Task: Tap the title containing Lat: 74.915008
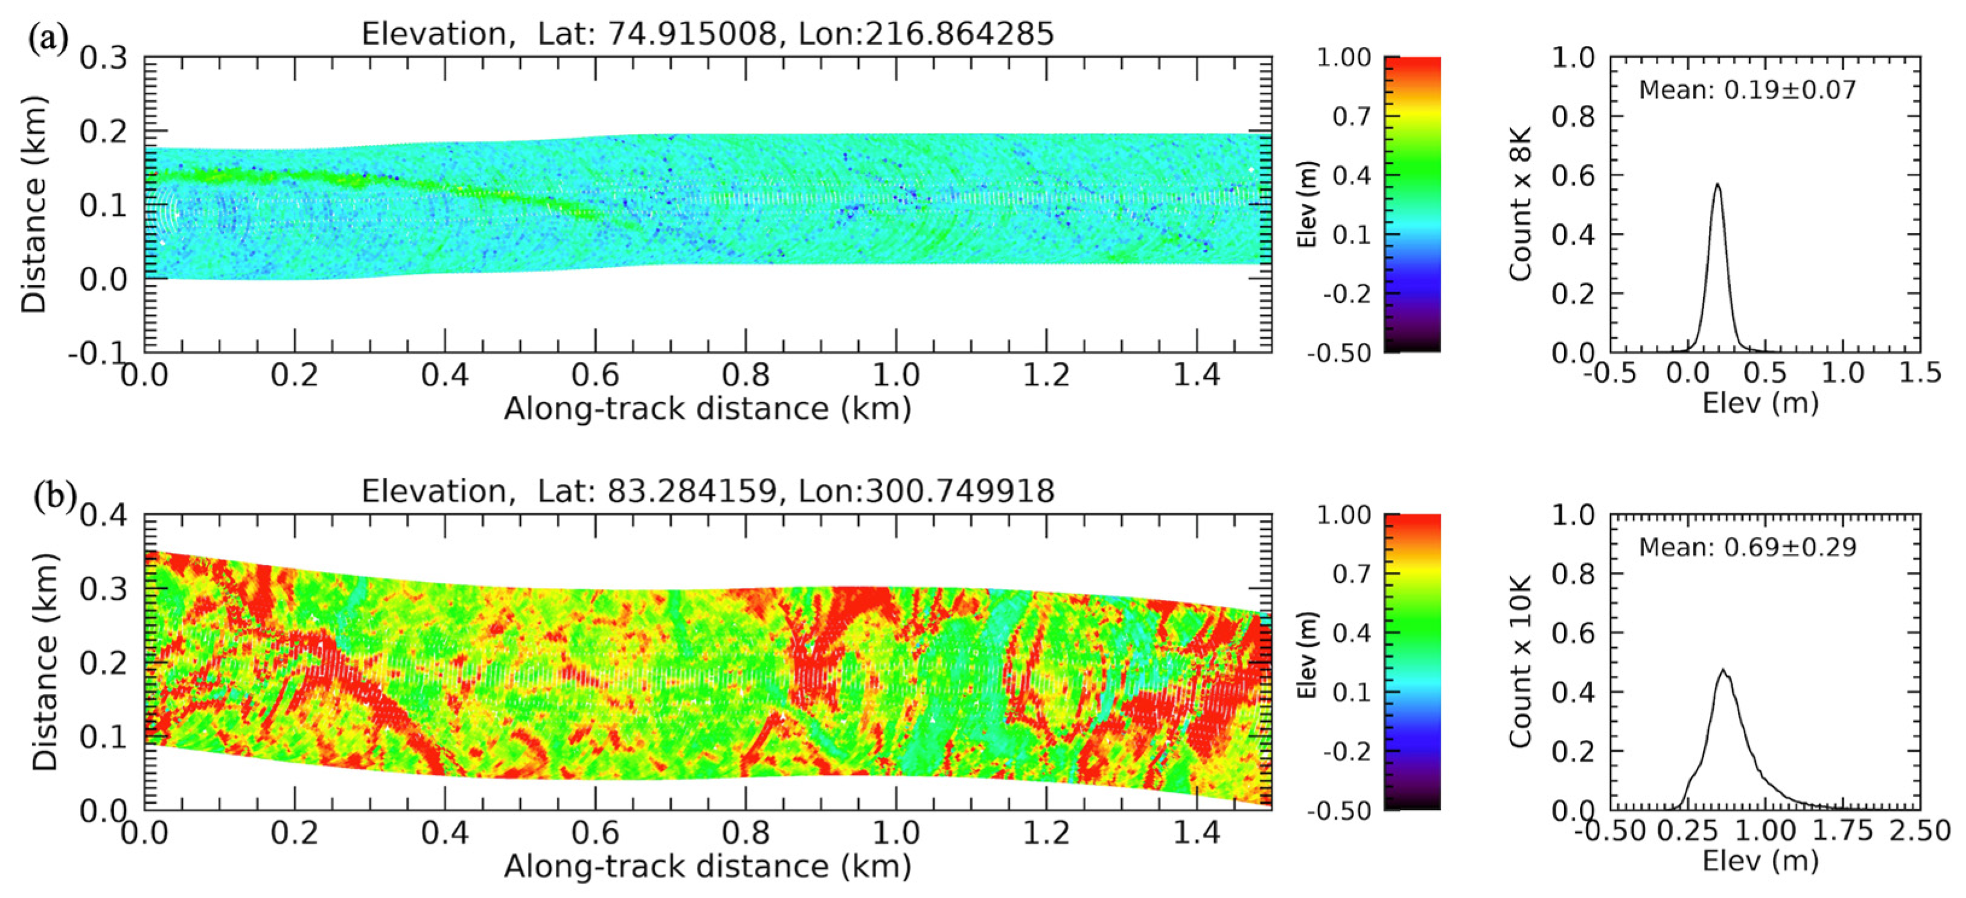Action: pos(707,34)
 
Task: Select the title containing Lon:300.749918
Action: pos(707,491)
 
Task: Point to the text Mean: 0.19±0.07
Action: pos(1747,90)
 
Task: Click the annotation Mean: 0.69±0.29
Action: pos(1747,548)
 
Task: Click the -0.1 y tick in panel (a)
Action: pos(95,353)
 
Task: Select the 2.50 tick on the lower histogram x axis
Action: pos(1920,831)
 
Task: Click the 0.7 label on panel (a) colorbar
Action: pos(1352,116)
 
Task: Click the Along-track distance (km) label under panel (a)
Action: pos(707,410)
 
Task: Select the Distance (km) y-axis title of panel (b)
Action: pos(45,662)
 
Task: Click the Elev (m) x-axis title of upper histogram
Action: pos(1760,403)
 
